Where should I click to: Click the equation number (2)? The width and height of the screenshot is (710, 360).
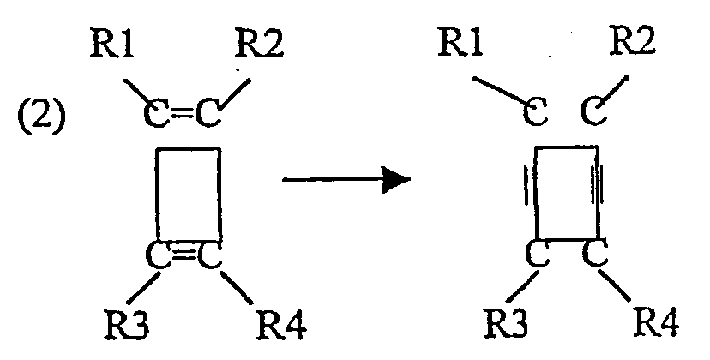[x=41, y=118]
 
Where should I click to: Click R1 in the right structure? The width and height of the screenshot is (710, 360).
[x=460, y=43]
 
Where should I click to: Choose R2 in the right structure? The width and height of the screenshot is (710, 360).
[x=631, y=43]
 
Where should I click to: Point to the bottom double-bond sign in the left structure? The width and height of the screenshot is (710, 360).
[x=184, y=255]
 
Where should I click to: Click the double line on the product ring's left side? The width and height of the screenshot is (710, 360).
[x=527, y=186]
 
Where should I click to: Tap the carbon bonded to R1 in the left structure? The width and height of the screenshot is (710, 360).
[x=156, y=113]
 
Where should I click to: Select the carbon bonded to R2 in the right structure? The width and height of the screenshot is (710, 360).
[x=595, y=111]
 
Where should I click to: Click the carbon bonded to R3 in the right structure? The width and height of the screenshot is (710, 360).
[x=537, y=255]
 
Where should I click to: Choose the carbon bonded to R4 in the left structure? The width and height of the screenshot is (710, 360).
[x=208, y=255]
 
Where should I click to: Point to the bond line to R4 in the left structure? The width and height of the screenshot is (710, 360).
[x=236, y=286]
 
